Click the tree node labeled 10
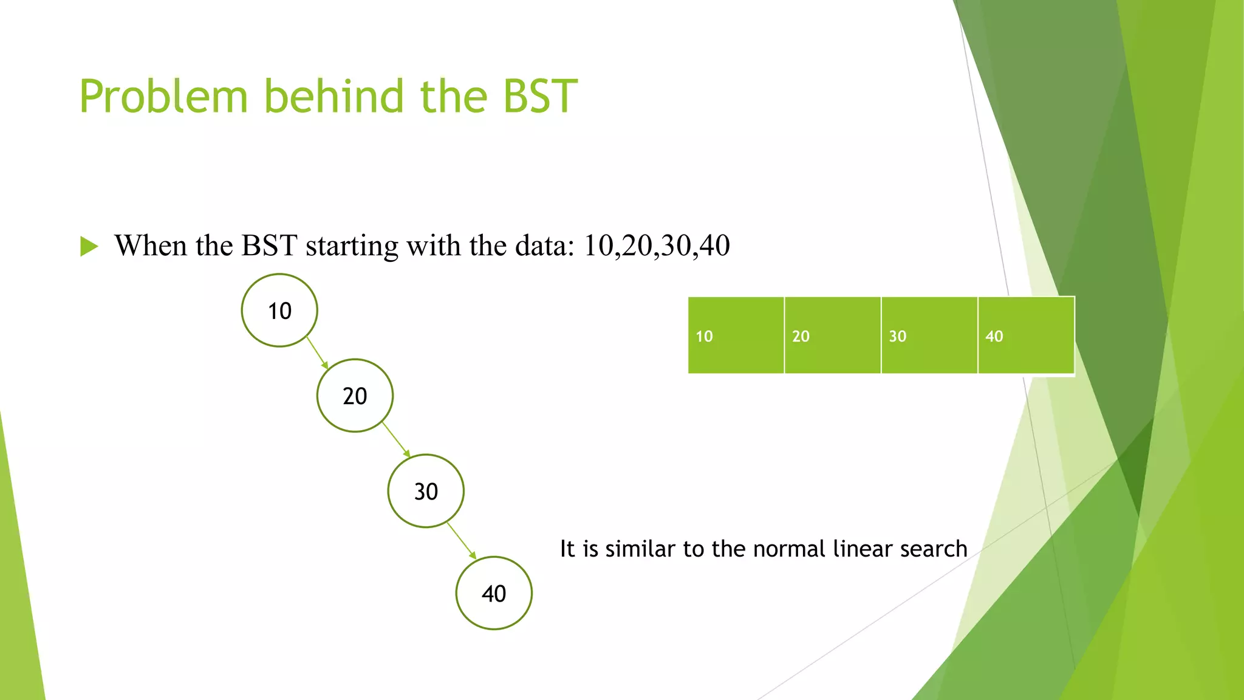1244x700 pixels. (x=279, y=311)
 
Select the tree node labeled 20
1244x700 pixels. (x=355, y=396)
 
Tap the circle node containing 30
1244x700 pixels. (x=426, y=491)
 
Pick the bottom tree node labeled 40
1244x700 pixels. (x=494, y=593)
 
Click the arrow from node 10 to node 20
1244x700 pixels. (x=317, y=353)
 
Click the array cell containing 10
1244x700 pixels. (x=736, y=335)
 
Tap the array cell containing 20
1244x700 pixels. (x=832, y=335)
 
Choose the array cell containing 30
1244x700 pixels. (x=929, y=335)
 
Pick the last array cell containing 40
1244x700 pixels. (x=1025, y=335)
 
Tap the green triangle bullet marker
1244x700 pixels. (x=89, y=247)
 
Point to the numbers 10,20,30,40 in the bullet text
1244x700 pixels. (x=656, y=246)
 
